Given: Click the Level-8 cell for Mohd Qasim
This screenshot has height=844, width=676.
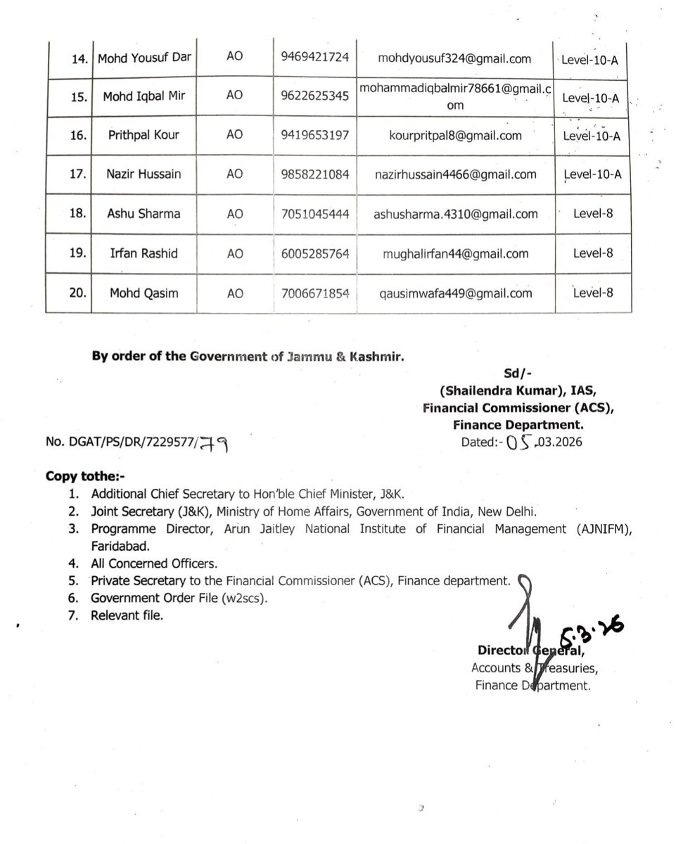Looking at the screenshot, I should click(592, 293).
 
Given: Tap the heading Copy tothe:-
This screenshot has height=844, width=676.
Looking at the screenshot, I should click(79, 475).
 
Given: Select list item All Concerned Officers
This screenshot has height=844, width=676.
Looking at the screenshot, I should click(154, 563).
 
